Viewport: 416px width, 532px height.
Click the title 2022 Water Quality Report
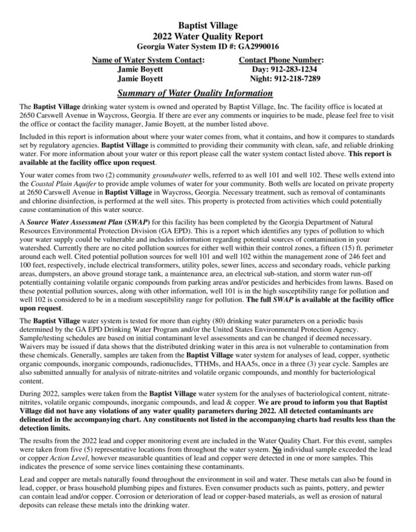[x=208, y=36]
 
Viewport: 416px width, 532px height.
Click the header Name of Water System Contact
[x=148, y=59]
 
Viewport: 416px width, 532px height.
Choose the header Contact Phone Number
[x=281, y=59]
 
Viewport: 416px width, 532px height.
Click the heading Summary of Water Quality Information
[x=195, y=93]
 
